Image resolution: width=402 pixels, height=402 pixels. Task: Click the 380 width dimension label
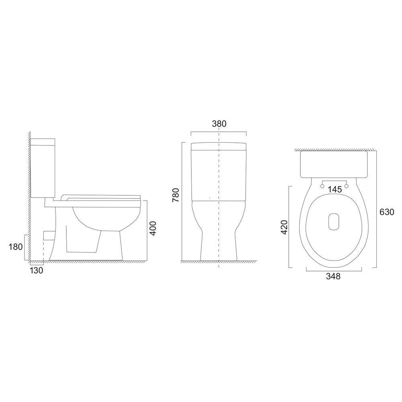click(219, 124)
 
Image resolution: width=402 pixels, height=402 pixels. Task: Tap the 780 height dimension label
click(176, 195)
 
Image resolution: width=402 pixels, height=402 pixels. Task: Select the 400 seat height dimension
click(153, 228)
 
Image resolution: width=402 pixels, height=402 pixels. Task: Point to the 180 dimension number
click(16, 247)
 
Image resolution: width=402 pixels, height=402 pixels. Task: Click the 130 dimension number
click(37, 270)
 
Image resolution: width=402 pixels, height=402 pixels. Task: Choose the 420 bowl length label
click(285, 227)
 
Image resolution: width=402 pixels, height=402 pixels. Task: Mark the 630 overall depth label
click(387, 212)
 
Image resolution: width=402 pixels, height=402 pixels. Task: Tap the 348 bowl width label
click(333, 276)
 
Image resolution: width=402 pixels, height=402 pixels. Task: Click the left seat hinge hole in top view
click(322, 186)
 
